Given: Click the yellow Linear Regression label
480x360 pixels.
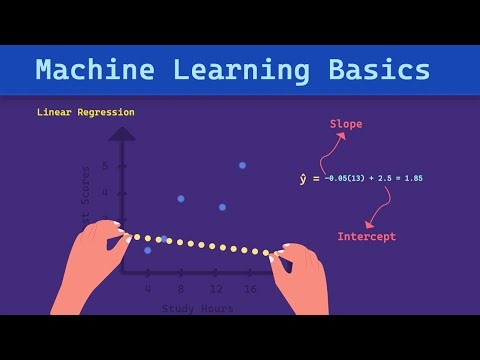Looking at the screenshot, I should coord(85,112).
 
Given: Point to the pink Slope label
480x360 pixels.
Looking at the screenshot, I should coord(346,124).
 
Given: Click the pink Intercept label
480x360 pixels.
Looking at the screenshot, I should coord(366,237).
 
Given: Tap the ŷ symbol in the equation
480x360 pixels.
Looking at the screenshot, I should coord(304,179).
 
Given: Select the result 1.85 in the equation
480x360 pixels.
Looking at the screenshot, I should coord(412,179).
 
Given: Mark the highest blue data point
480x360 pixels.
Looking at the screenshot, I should coord(242,165).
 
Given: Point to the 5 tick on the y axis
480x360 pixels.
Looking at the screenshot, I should coord(105,166).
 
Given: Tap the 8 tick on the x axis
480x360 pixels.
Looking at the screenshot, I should coord(180,288).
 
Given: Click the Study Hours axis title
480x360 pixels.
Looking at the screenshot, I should coord(198,308).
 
